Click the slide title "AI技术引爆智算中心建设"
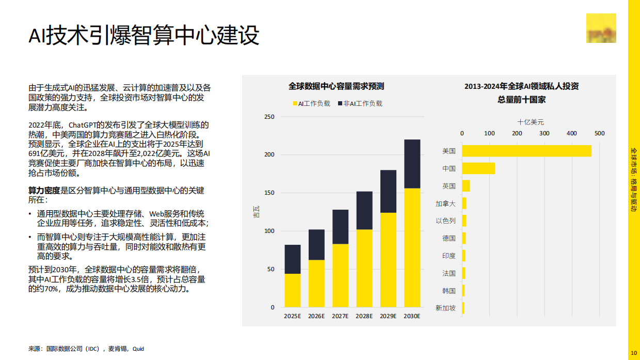pos(143,36)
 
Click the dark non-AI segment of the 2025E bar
pos(293,259)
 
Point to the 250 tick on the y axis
pos(269,117)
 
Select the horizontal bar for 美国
pos(526,151)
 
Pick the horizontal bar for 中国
pos(478,168)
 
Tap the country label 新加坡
pos(445,308)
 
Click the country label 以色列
pos(445,221)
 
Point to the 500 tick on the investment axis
pos(599,133)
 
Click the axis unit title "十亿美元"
pos(531,122)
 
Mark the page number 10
pos(633,353)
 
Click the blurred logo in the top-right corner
pos(601,28)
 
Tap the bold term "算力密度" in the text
pos(44,191)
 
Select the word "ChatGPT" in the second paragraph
pos(83,125)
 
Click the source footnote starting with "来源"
pos(86,349)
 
